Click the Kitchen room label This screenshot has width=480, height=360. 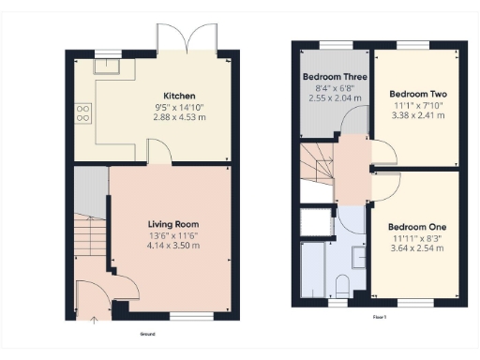pos(179,97)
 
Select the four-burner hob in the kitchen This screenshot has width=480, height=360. pos(82,113)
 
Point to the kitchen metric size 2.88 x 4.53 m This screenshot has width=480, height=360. pos(179,118)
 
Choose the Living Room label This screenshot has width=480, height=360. pos(174,224)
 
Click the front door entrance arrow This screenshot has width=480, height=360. pos(93,320)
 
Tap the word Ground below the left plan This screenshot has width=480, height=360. pos(147,333)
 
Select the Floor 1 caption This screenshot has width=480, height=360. pos(380,319)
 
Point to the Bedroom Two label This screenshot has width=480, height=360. pos(417,95)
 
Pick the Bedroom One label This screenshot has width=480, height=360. pos(417,228)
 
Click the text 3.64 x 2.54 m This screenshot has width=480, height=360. pos(417,249)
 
